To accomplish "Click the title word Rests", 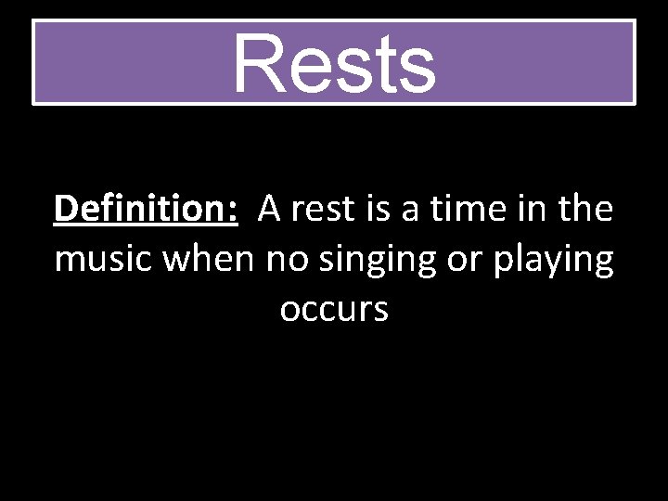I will pos(334,63).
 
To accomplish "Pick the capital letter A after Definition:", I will pos(269,210).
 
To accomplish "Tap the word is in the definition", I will pos(379,210).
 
